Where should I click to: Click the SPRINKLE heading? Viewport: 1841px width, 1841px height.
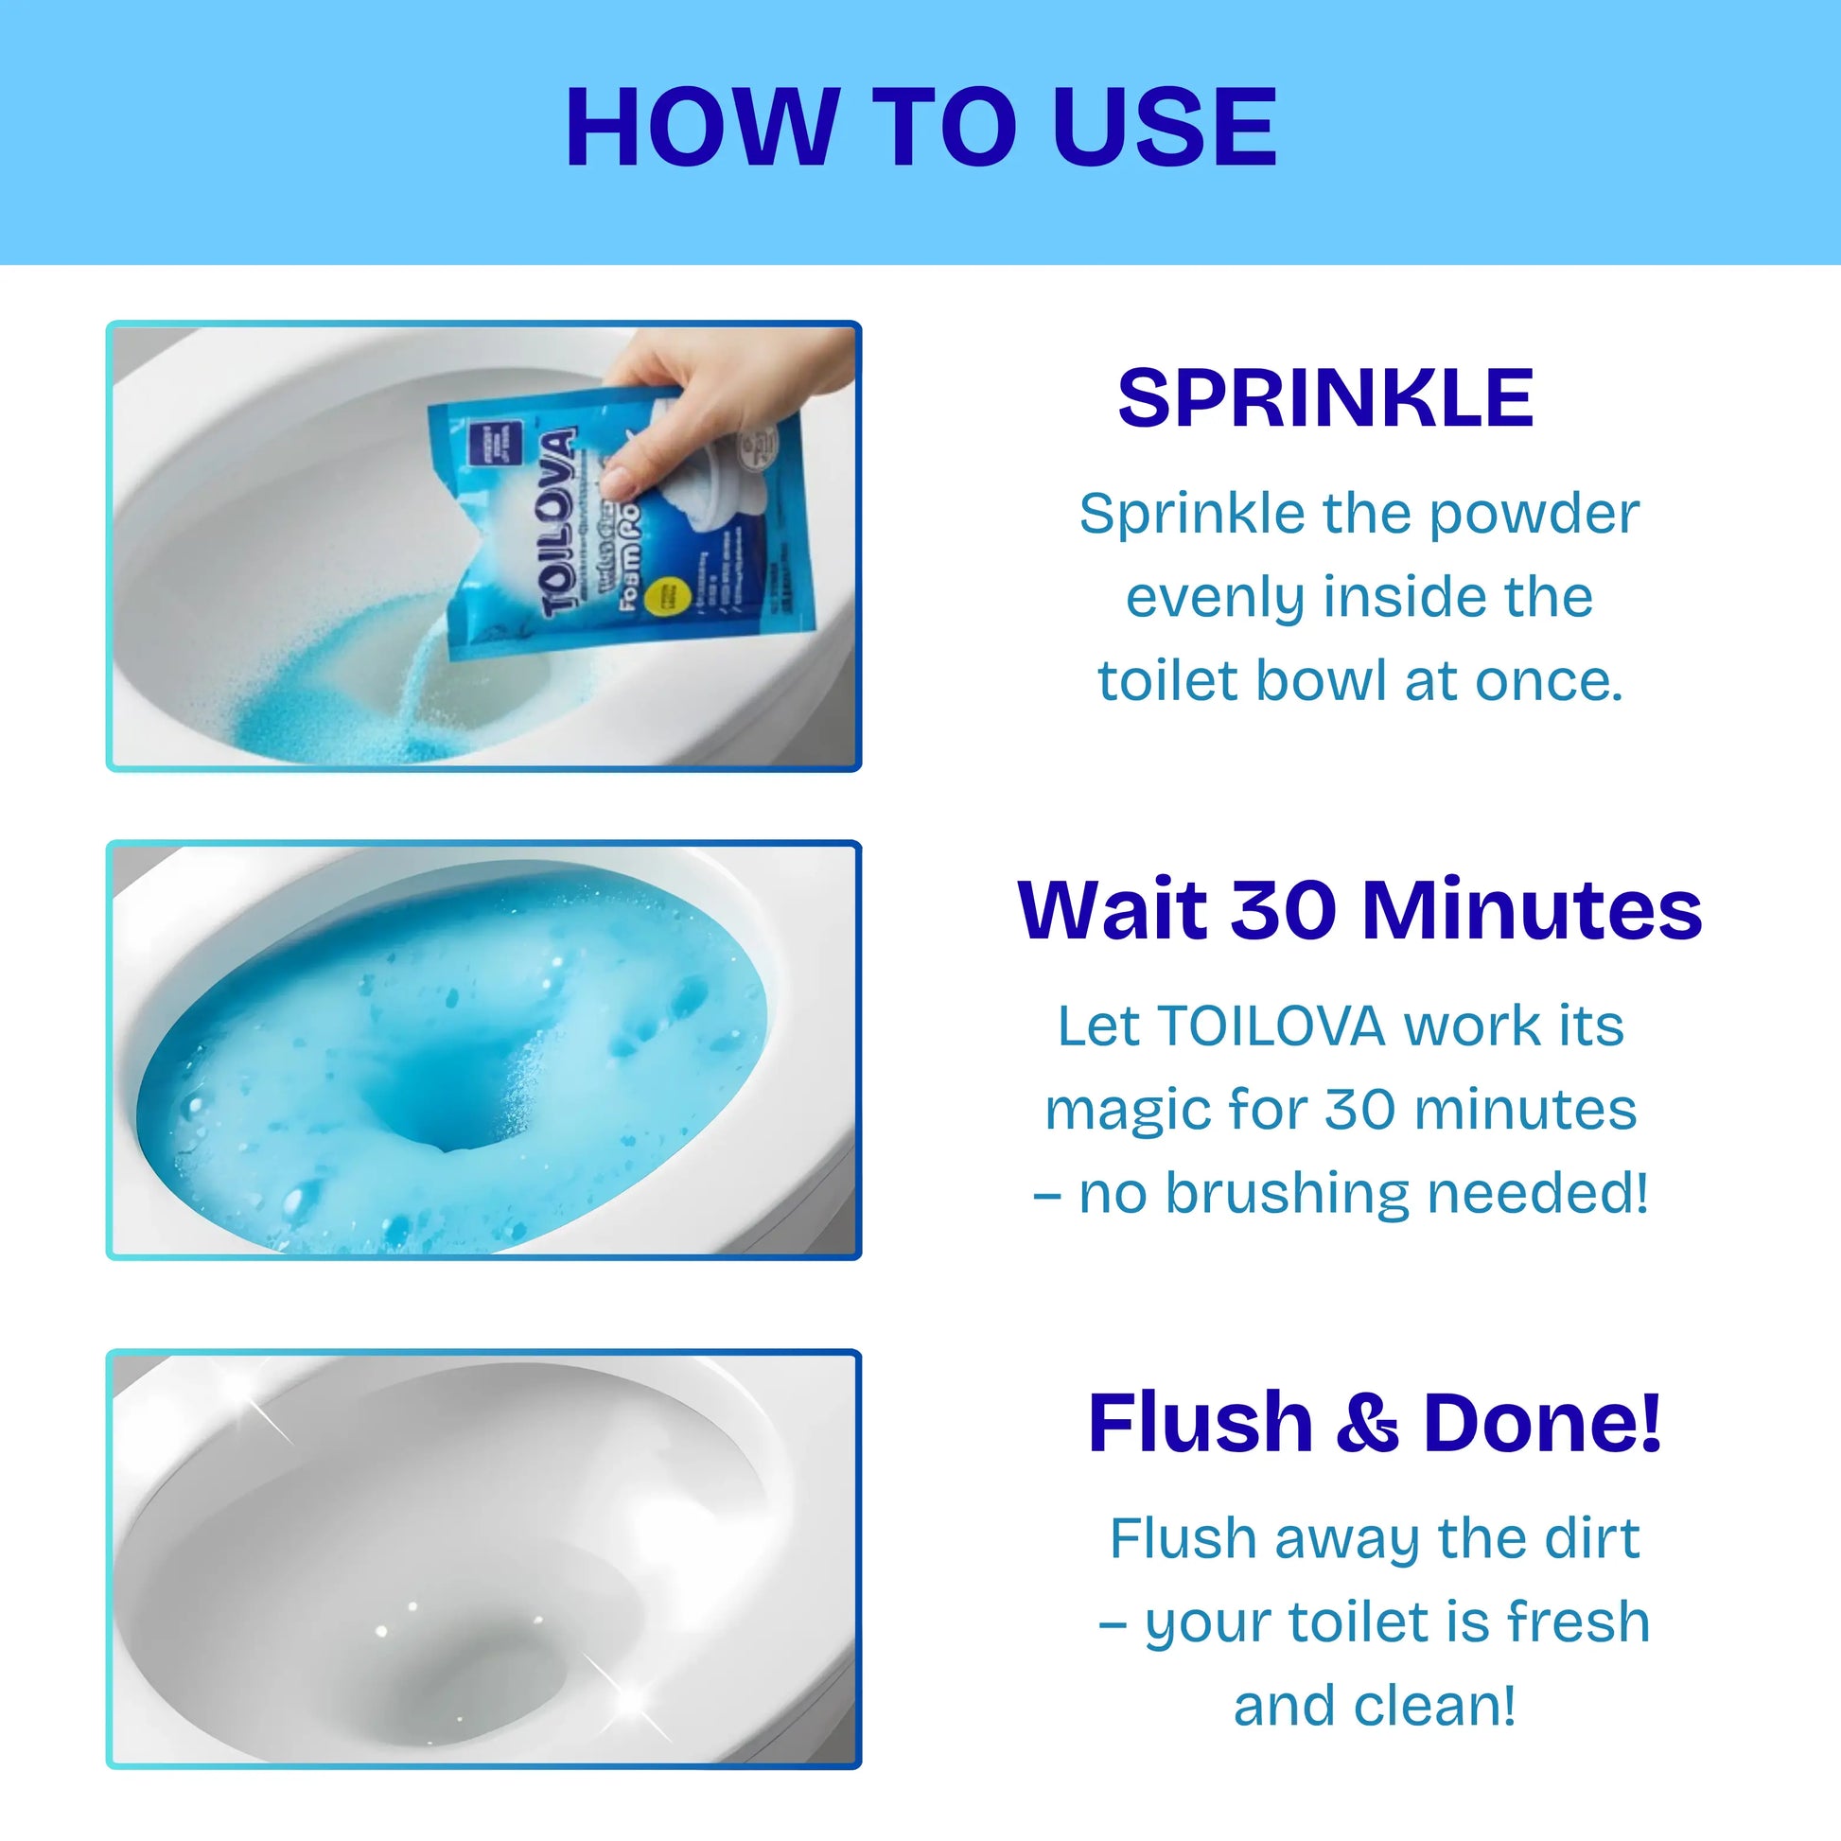pos(1325,398)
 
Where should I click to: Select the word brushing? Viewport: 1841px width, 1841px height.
pos(1287,1194)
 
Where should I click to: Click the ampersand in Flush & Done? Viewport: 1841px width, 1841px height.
pos(1366,1423)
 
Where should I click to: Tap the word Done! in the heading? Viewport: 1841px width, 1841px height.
pos(1541,1423)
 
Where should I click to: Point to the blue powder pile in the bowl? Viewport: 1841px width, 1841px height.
pos(314,719)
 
